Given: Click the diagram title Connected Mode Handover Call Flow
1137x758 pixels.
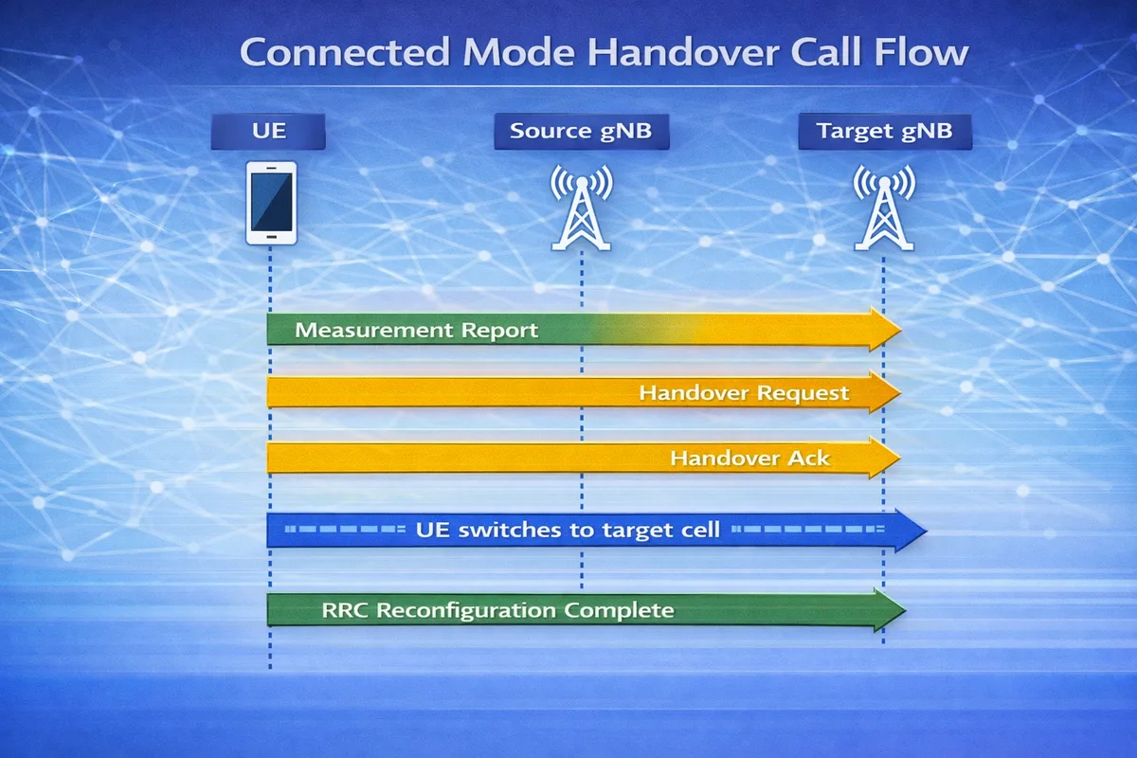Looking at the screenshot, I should coord(604,51).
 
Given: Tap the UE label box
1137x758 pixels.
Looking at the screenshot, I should coord(268,131).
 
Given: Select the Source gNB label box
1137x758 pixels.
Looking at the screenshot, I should coord(581,131).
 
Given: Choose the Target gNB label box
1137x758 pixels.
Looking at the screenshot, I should coord(884,131).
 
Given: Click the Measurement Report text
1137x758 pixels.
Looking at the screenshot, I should coord(417,331).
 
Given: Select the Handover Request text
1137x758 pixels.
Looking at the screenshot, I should coord(744,392).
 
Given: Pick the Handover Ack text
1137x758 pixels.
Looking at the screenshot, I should coord(749,459).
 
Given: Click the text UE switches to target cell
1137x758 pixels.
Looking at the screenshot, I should coord(568,530).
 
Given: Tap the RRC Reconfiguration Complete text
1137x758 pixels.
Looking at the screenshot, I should coord(497,610).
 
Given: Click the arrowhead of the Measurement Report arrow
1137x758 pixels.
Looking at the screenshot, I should coord(885,330).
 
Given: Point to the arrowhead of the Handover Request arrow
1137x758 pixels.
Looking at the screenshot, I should coord(885,392).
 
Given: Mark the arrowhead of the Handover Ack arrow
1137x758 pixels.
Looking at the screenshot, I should coord(885,459).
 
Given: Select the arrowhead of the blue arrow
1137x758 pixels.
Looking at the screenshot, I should coord(908,530).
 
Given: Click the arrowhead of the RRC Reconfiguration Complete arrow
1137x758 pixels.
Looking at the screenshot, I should coord(891,610).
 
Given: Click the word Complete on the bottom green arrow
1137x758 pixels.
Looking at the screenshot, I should coord(619,610).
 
